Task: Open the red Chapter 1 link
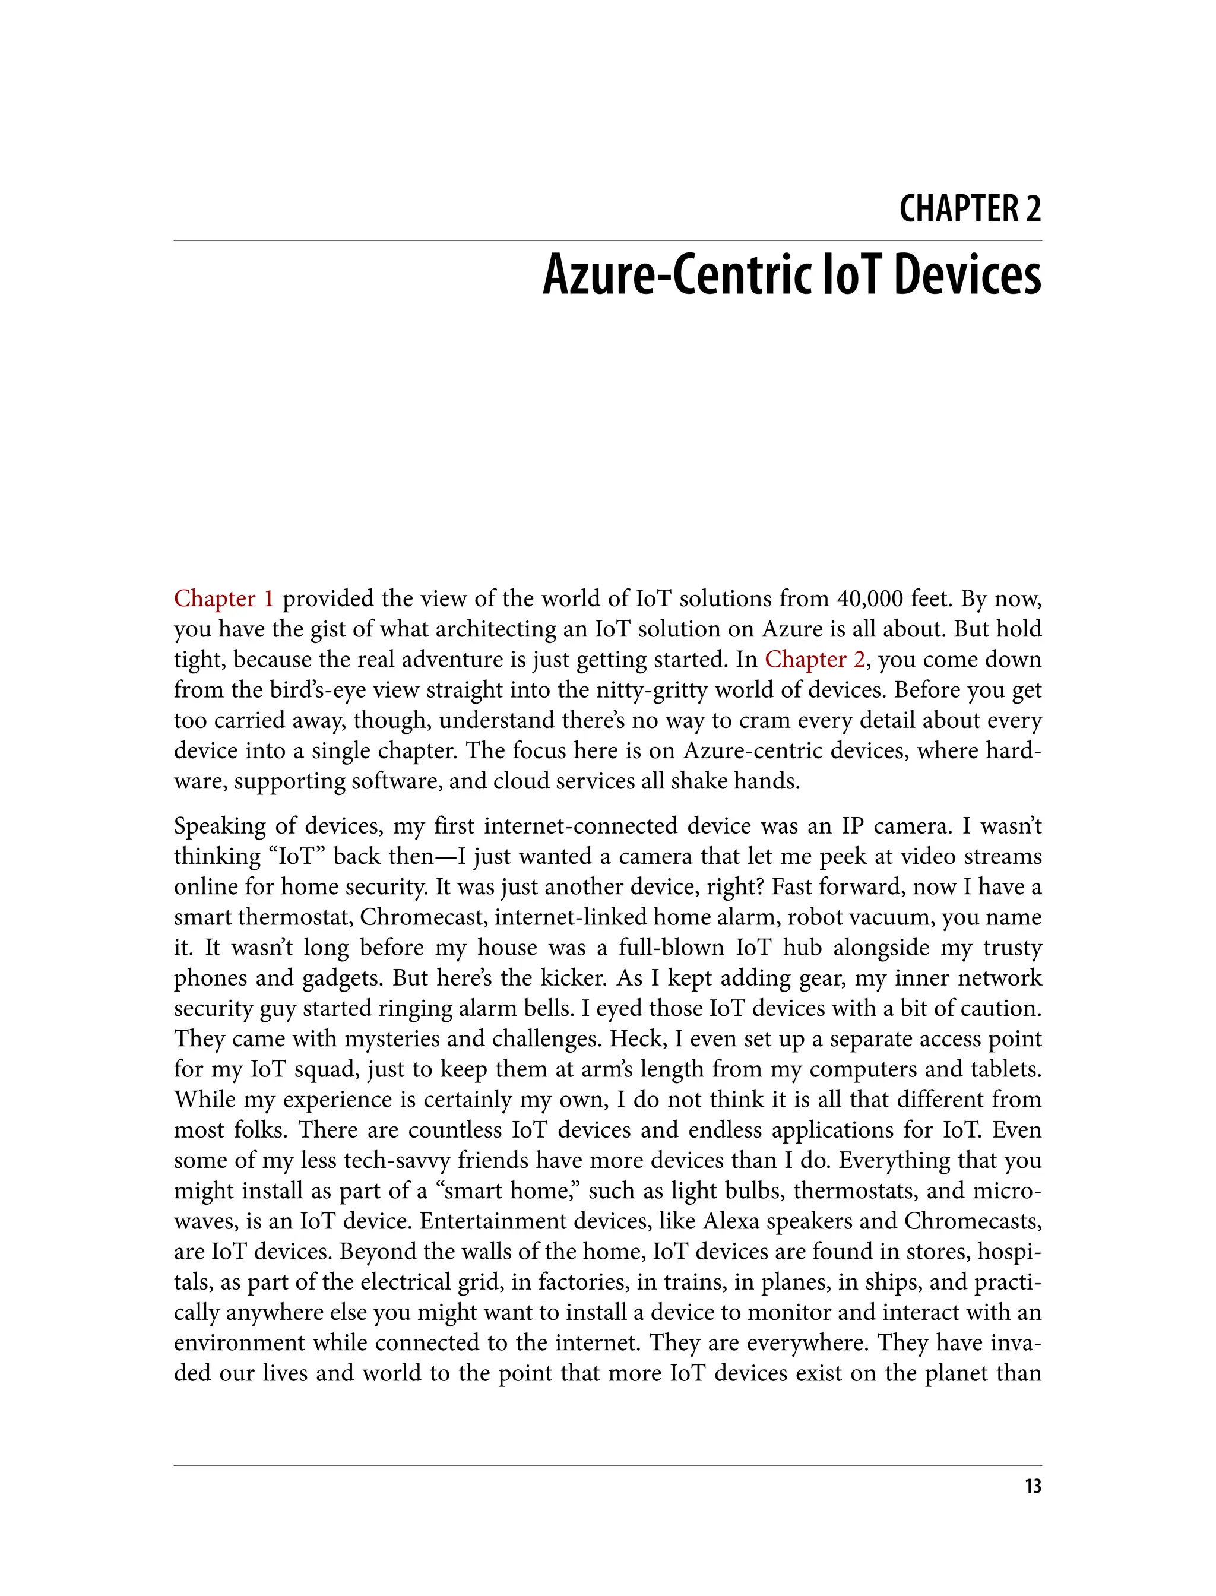(224, 599)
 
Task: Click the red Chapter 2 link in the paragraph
(814, 660)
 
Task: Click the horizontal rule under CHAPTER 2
(608, 240)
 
